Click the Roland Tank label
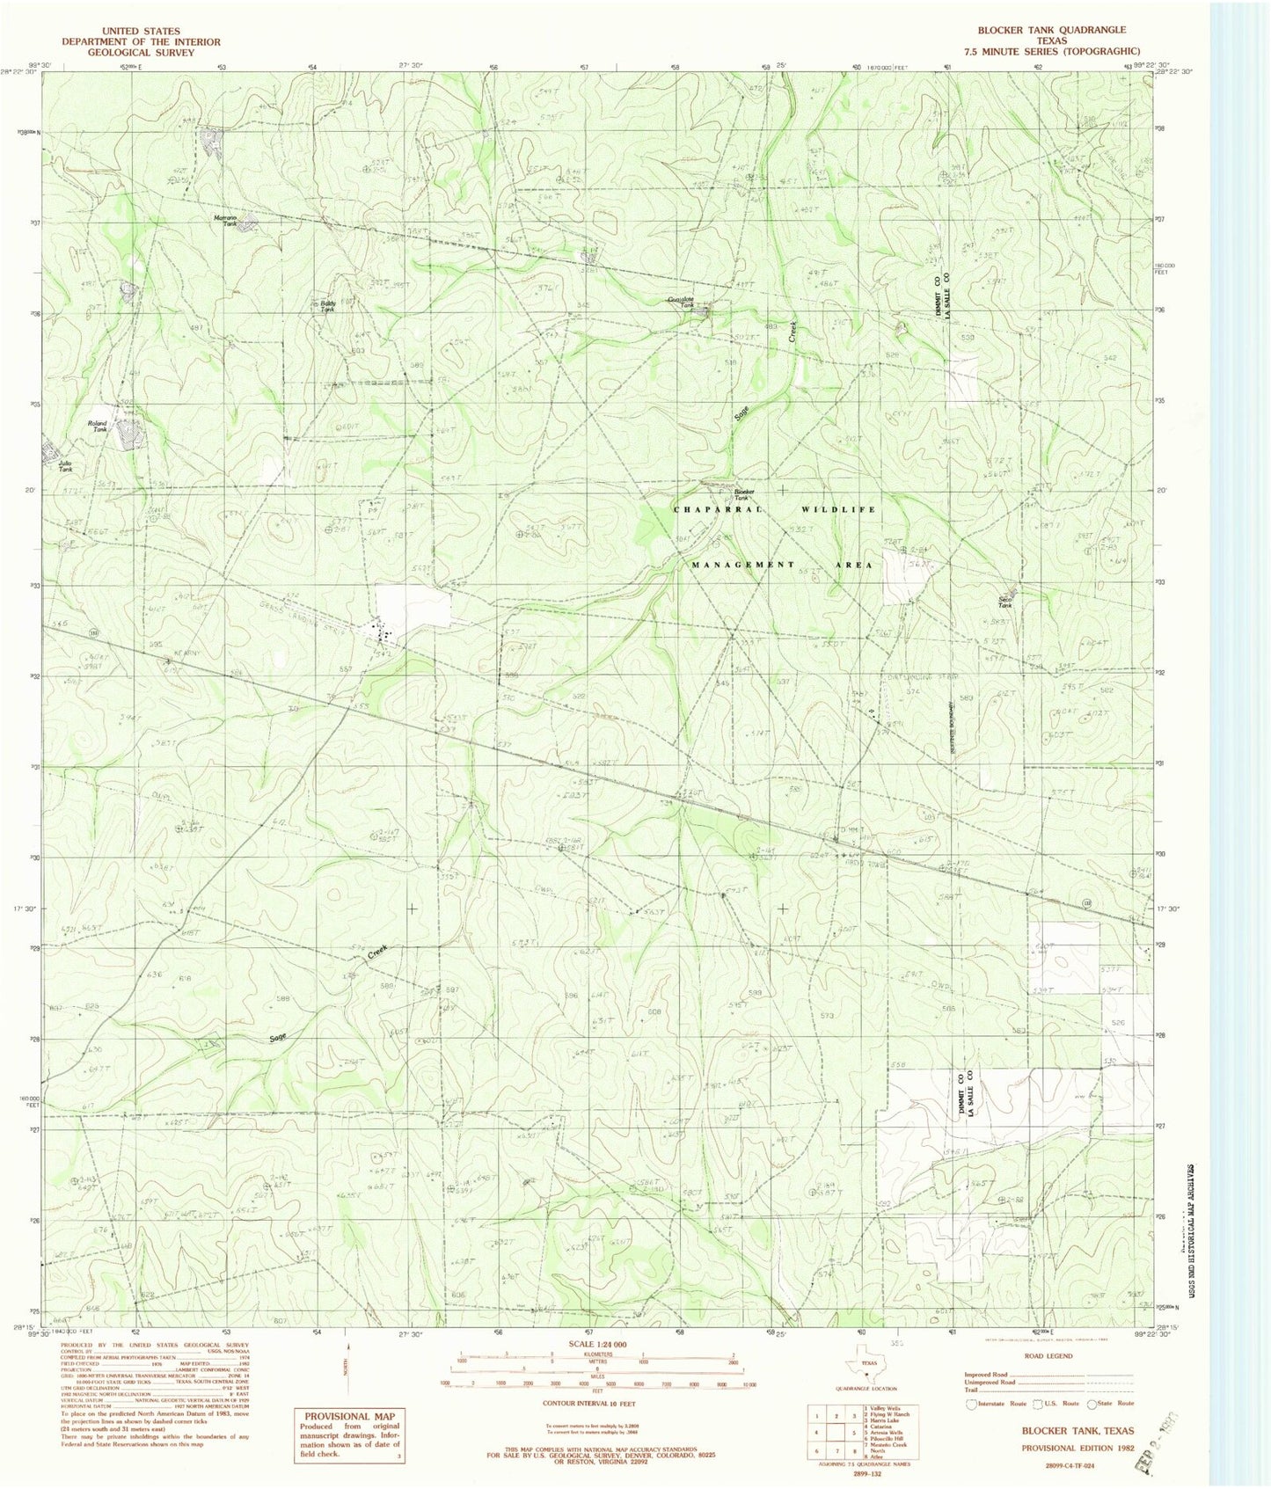[97, 426]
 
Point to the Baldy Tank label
[327, 306]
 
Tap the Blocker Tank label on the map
[744, 494]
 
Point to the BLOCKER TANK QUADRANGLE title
[1050, 30]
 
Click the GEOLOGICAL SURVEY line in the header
[140, 53]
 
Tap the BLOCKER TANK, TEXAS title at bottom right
[1076, 1431]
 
